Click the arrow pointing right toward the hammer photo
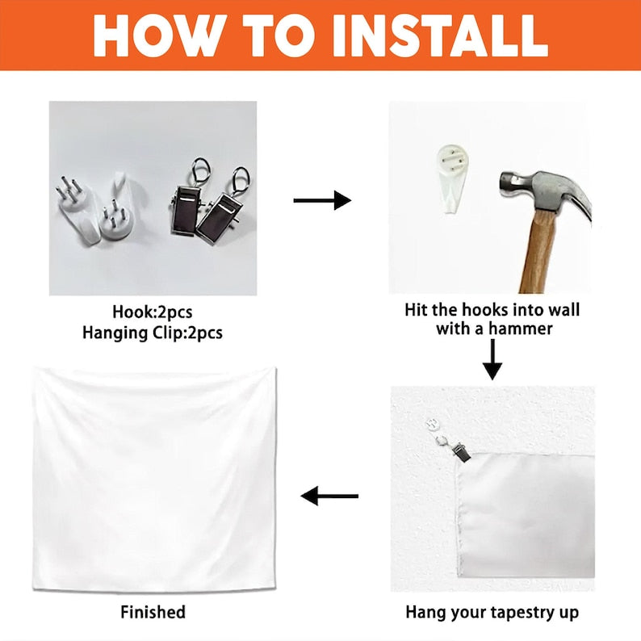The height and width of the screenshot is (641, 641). click(x=322, y=200)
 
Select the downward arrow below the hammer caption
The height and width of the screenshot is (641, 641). click(x=492, y=360)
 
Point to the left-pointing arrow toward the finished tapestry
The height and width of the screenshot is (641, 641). click(x=329, y=496)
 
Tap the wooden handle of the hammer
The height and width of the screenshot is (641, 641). click(x=538, y=251)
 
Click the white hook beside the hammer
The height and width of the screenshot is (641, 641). click(x=452, y=178)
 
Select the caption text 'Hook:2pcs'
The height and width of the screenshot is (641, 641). click(x=153, y=312)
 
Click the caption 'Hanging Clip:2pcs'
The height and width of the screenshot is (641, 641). click(x=153, y=333)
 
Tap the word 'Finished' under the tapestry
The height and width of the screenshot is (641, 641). click(x=153, y=612)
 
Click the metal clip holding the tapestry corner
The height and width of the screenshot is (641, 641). click(x=461, y=453)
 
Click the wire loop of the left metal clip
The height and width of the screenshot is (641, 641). click(x=200, y=172)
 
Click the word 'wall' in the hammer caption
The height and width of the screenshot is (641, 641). click(x=564, y=310)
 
